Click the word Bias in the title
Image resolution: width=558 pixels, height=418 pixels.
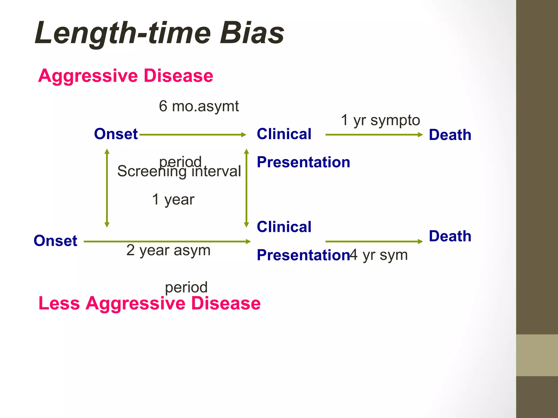252,33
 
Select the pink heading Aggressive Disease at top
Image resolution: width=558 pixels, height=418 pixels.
126,76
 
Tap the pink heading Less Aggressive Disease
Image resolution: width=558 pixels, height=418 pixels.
149,303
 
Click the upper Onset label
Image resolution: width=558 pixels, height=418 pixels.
116,134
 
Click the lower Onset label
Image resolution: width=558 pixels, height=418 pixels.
55,241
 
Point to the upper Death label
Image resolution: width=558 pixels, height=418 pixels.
450,135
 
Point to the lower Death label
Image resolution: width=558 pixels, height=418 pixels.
450,236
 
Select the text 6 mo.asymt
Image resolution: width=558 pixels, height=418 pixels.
199,106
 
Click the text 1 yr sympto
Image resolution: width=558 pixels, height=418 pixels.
380,120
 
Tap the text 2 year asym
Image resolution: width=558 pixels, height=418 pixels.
168,250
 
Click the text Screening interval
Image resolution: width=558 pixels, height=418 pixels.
179,171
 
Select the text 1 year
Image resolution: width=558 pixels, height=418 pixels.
173,199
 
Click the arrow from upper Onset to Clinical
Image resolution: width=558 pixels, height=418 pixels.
192,135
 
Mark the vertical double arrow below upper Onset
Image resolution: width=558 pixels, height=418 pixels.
107,188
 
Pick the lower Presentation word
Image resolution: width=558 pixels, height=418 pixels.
303,255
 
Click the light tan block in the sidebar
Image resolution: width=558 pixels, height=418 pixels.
537,355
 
